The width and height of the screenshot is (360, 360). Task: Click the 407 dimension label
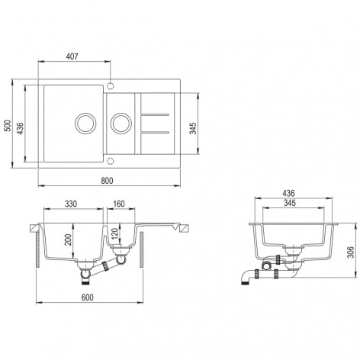(x=72, y=56)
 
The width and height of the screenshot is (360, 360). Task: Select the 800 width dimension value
(x=107, y=181)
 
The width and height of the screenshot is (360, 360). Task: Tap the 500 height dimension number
(x=8, y=125)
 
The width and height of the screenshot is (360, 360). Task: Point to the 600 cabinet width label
(x=88, y=297)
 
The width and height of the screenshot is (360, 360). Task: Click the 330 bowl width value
(x=71, y=204)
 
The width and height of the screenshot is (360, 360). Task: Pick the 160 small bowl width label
(x=119, y=204)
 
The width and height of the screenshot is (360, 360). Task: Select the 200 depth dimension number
(x=68, y=239)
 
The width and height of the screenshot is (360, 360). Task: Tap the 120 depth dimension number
(x=114, y=234)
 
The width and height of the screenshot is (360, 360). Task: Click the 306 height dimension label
(x=351, y=252)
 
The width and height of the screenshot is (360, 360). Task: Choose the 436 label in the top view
(x=21, y=128)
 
